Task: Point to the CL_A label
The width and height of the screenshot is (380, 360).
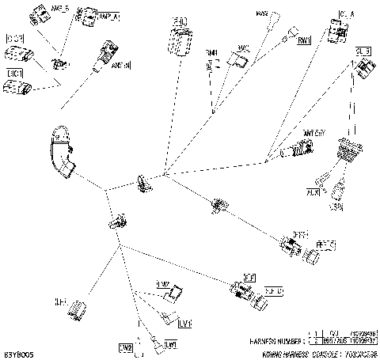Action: click(x=347, y=14)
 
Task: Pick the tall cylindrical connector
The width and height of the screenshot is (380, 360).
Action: click(x=180, y=40)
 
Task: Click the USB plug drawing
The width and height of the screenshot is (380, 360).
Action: click(x=341, y=191)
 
